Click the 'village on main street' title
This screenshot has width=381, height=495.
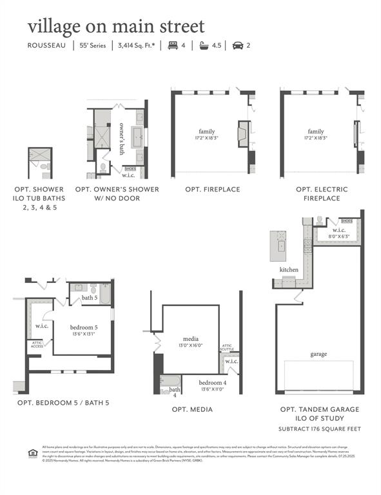(x=116, y=26)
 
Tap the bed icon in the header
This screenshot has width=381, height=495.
(x=171, y=46)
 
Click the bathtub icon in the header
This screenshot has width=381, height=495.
(x=205, y=46)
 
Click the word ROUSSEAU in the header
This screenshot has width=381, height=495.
(x=46, y=46)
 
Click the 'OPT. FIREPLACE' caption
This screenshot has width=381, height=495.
(x=212, y=189)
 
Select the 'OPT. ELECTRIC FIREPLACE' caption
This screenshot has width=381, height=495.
(x=322, y=193)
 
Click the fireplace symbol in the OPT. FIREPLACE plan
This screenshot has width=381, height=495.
(x=242, y=134)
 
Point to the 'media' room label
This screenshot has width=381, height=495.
(x=191, y=339)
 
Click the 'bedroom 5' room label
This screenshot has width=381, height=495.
(x=84, y=327)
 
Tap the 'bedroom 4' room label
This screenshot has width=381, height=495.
(x=211, y=382)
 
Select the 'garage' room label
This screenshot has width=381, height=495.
(x=318, y=354)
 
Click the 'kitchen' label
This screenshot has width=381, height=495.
(x=288, y=269)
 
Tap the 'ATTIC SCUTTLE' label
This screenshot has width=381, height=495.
(x=226, y=347)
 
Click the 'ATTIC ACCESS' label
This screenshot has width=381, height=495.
(x=37, y=345)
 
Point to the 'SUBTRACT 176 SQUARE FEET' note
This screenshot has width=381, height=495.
(x=320, y=429)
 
